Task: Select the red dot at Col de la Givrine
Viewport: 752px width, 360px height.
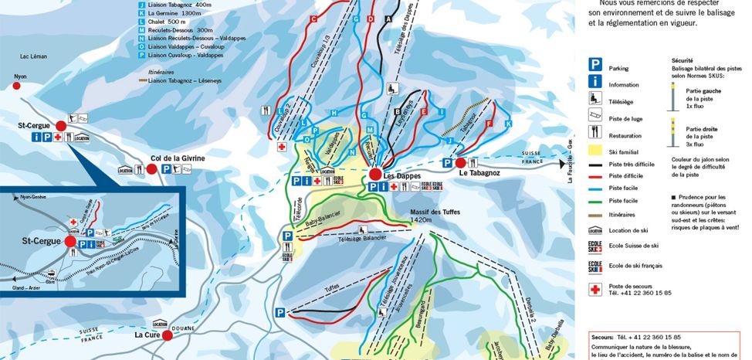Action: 151,168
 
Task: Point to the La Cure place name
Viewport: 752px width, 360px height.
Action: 147,335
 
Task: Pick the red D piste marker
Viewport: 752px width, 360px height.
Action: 371,19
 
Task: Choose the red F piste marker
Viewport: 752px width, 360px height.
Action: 489,124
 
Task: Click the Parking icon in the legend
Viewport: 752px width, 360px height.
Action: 596,66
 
